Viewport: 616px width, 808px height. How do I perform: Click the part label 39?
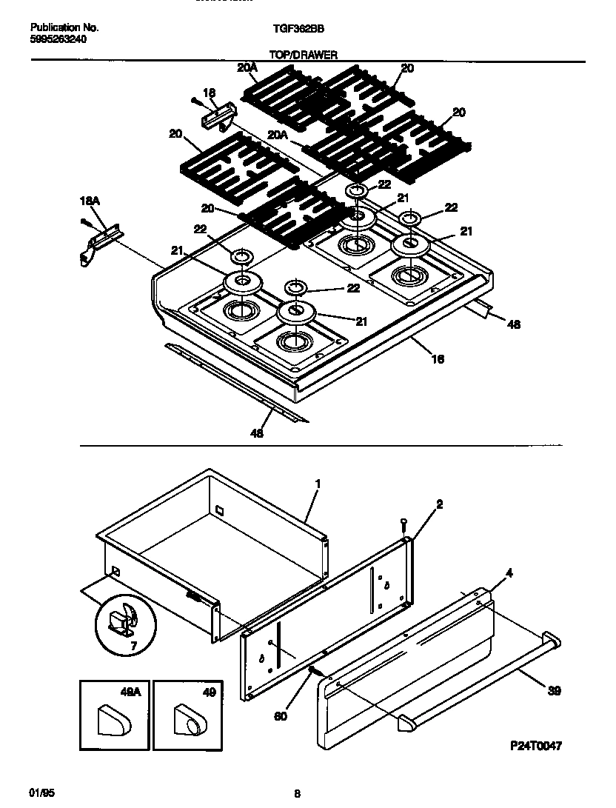[x=555, y=691]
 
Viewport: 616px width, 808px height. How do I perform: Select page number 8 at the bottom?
[x=297, y=794]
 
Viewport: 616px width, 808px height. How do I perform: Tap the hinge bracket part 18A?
[x=96, y=244]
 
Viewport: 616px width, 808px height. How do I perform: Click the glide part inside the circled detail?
[x=121, y=622]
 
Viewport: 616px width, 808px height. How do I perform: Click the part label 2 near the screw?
[x=439, y=504]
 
